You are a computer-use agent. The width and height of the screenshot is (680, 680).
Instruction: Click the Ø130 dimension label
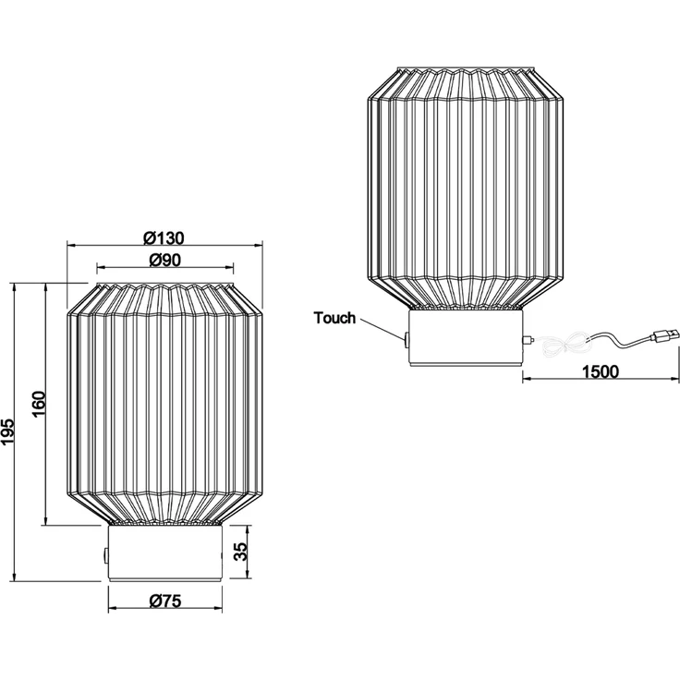point(164,238)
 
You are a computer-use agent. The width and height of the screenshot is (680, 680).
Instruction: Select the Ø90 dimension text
point(164,260)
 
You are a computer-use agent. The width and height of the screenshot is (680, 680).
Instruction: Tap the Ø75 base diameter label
point(164,601)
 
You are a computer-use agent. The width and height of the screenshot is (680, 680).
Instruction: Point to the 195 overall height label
point(7,432)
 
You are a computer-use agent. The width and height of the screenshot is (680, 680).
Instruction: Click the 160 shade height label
point(39,404)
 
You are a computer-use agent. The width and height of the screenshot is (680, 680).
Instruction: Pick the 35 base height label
point(241,552)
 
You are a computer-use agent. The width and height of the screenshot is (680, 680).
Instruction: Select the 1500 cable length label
point(601,371)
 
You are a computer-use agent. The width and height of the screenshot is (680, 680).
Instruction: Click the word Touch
point(334,318)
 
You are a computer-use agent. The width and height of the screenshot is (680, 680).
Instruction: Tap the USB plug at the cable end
point(663,334)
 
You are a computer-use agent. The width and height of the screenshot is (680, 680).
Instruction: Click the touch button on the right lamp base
point(407,340)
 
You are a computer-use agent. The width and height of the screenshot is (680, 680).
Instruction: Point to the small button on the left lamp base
point(105,556)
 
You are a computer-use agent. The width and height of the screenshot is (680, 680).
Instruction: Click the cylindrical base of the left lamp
point(164,552)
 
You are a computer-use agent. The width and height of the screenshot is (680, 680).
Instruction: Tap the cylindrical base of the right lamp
point(467,338)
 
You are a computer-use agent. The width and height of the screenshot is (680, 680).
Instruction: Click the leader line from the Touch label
point(382,328)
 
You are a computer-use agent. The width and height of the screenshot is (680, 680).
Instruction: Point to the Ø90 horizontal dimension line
point(164,269)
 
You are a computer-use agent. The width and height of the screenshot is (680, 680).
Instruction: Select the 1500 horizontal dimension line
point(601,379)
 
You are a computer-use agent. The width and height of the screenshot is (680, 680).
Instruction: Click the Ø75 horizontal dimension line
point(164,609)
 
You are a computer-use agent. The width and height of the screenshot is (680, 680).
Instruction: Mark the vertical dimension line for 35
point(249,552)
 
